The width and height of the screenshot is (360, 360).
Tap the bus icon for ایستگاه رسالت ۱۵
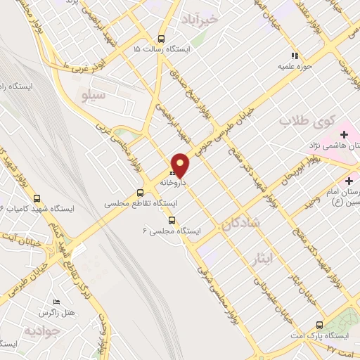pyautogui.click(x=162, y=39)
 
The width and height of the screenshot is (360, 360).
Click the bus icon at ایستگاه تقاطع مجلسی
pyautogui.click(x=140, y=192)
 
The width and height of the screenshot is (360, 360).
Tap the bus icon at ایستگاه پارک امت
pyautogui.click(x=320, y=325)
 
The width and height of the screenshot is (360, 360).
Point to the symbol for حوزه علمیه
pyautogui.click(x=295, y=56)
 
